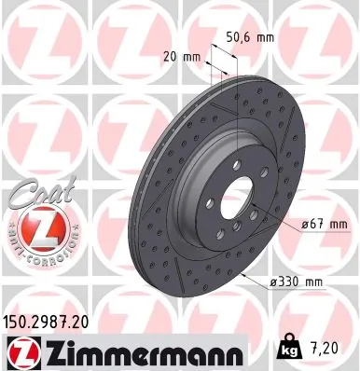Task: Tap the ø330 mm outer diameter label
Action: click(x=297, y=282)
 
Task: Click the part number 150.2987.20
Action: click(x=53, y=320)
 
